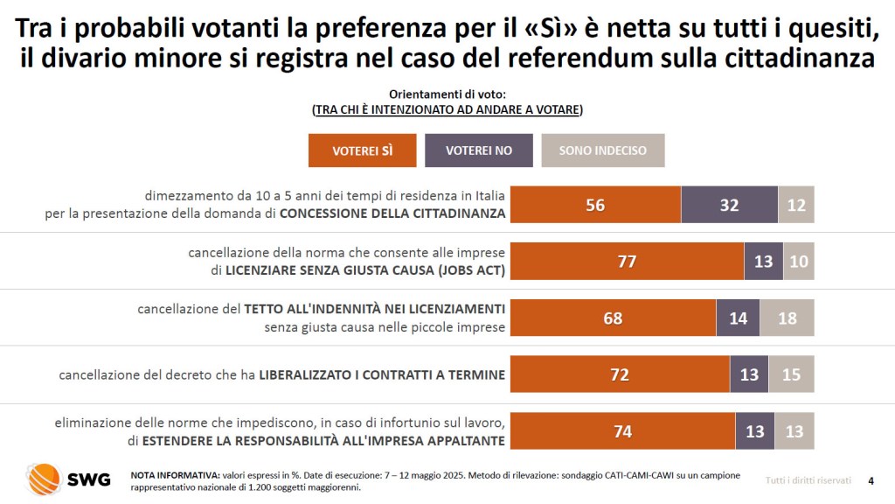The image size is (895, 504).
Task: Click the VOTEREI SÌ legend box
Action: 363,150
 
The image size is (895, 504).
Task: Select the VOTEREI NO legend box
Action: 479,150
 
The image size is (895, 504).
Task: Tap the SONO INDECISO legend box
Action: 603,150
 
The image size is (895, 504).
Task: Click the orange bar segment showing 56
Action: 595,205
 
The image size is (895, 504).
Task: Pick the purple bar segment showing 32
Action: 729,205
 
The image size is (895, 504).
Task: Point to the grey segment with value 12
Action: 796,205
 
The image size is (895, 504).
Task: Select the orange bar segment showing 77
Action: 627,262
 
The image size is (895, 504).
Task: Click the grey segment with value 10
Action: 799,262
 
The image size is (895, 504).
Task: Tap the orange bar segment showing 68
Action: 613,318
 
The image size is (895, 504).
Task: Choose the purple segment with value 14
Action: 738,318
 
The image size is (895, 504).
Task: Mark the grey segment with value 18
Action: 787,318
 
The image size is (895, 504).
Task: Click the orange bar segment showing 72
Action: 620,374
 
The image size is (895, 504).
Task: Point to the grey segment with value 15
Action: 791,374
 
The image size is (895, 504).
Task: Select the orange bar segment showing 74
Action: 622,431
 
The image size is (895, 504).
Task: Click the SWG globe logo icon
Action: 43,479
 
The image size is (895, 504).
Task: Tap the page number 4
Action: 871,479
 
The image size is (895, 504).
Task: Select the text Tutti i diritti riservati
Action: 808,479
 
